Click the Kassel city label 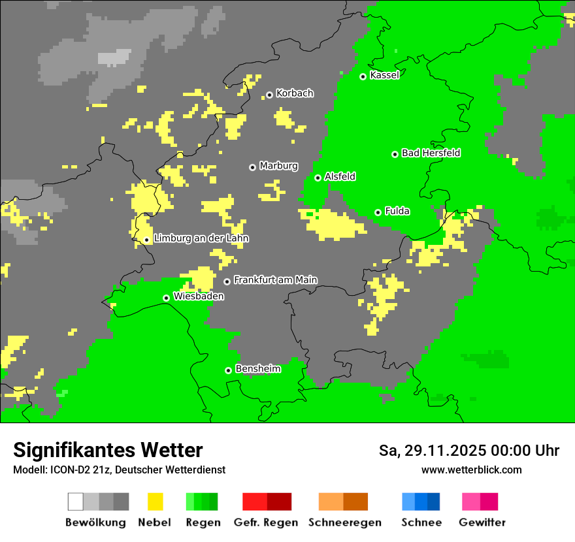pos(384,75)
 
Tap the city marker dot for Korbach pos(269,95)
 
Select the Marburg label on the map pos(278,166)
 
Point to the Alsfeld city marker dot pos(318,178)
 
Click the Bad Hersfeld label pos(431,153)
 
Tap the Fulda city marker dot pos(378,212)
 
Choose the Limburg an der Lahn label pos(201,238)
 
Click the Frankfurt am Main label pos(275,280)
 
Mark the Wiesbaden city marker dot pos(166,298)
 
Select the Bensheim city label pos(257,369)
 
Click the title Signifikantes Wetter pos(108,450)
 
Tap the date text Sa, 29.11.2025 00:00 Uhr pos(468,451)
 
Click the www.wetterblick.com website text pos(471,470)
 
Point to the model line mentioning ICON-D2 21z pos(119,470)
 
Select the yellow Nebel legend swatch pos(155,502)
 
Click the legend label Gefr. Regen pos(265,522)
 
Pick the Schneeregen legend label pos(344,522)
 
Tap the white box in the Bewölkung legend pos(76,502)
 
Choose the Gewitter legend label pos(482,522)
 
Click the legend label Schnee pos(421,522)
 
